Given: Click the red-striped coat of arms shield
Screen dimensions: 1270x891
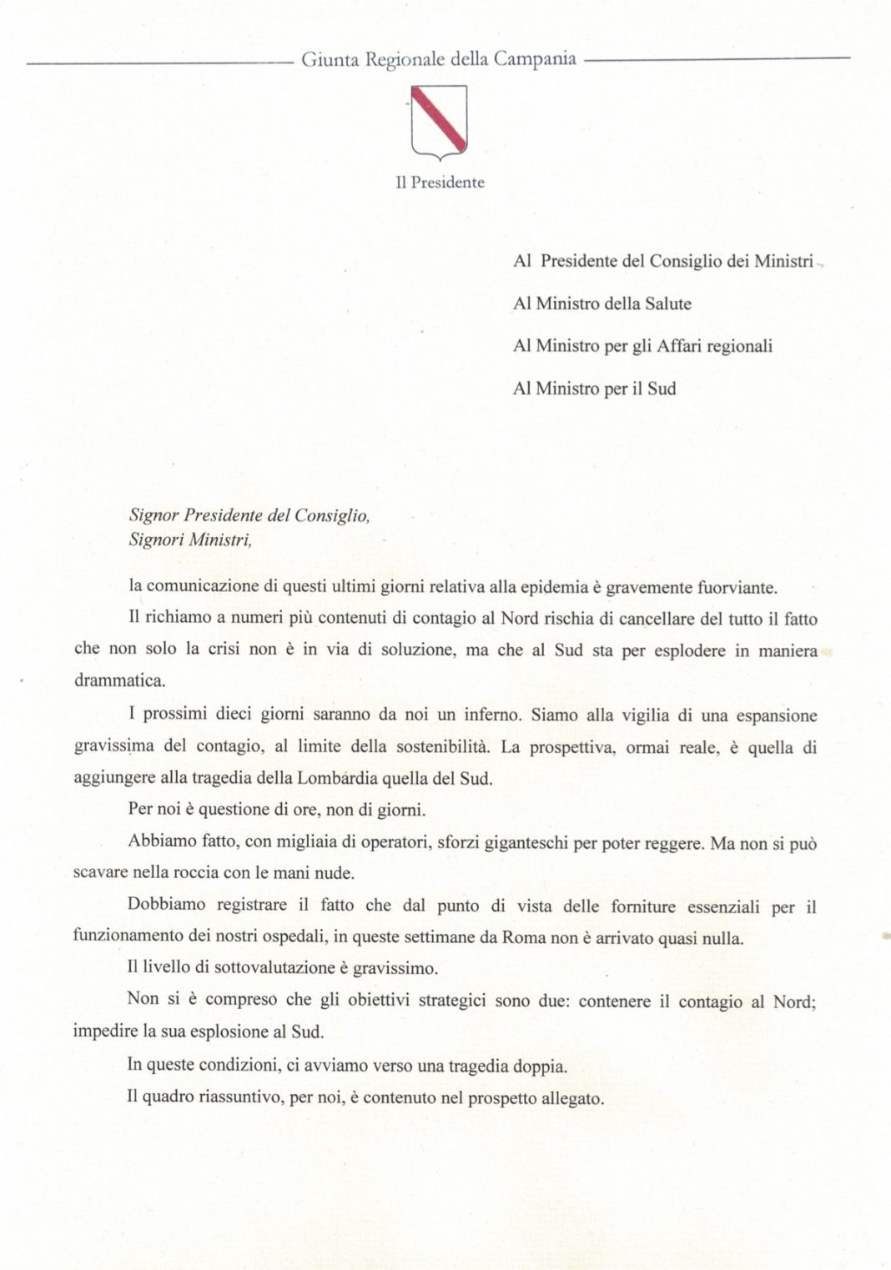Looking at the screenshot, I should [440, 122].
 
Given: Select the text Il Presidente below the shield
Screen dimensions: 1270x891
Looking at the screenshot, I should [440, 182].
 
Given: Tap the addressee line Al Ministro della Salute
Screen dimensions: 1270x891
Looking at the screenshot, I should [602, 304].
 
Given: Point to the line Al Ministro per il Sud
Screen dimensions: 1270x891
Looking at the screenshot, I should [594, 388].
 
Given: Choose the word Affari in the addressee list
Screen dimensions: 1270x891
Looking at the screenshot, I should [680, 345].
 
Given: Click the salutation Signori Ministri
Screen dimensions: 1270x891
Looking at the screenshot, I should [189, 540].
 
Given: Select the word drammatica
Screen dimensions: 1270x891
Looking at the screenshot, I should [119, 680].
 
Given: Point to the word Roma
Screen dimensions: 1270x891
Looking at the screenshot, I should [524, 936].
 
